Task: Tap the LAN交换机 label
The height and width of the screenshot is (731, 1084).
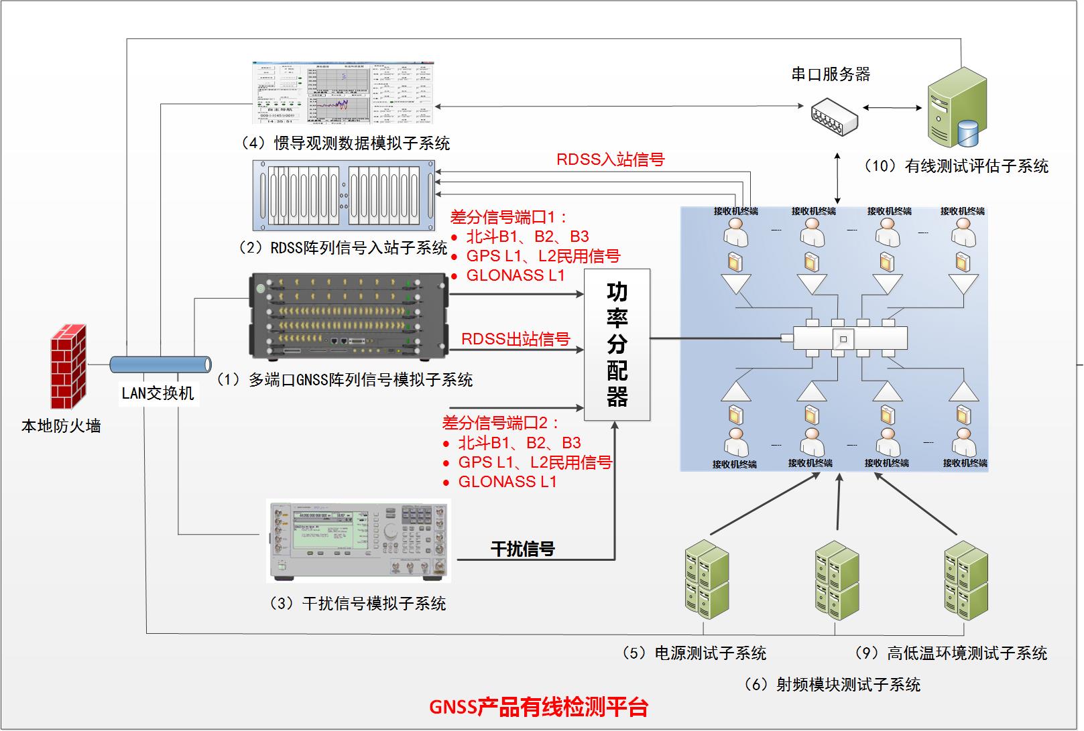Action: (x=158, y=393)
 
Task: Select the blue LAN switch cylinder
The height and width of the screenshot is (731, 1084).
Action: (x=160, y=364)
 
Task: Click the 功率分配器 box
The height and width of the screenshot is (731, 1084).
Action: (x=617, y=344)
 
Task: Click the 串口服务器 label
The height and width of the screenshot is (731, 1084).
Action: (x=831, y=74)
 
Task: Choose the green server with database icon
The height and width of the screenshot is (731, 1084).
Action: (x=957, y=109)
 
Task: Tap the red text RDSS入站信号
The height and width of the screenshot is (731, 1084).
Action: (x=610, y=159)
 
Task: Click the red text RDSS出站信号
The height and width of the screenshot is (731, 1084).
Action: (x=515, y=339)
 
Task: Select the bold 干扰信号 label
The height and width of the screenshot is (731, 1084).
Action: (x=522, y=549)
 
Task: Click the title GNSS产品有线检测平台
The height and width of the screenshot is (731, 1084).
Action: (x=539, y=708)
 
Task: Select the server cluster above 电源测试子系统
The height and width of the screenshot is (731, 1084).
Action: (x=707, y=580)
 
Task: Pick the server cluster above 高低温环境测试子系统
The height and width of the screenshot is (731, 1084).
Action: (x=966, y=578)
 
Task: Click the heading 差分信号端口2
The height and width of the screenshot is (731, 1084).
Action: (x=500, y=423)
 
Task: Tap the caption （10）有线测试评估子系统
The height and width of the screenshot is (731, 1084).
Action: (x=956, y=166)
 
